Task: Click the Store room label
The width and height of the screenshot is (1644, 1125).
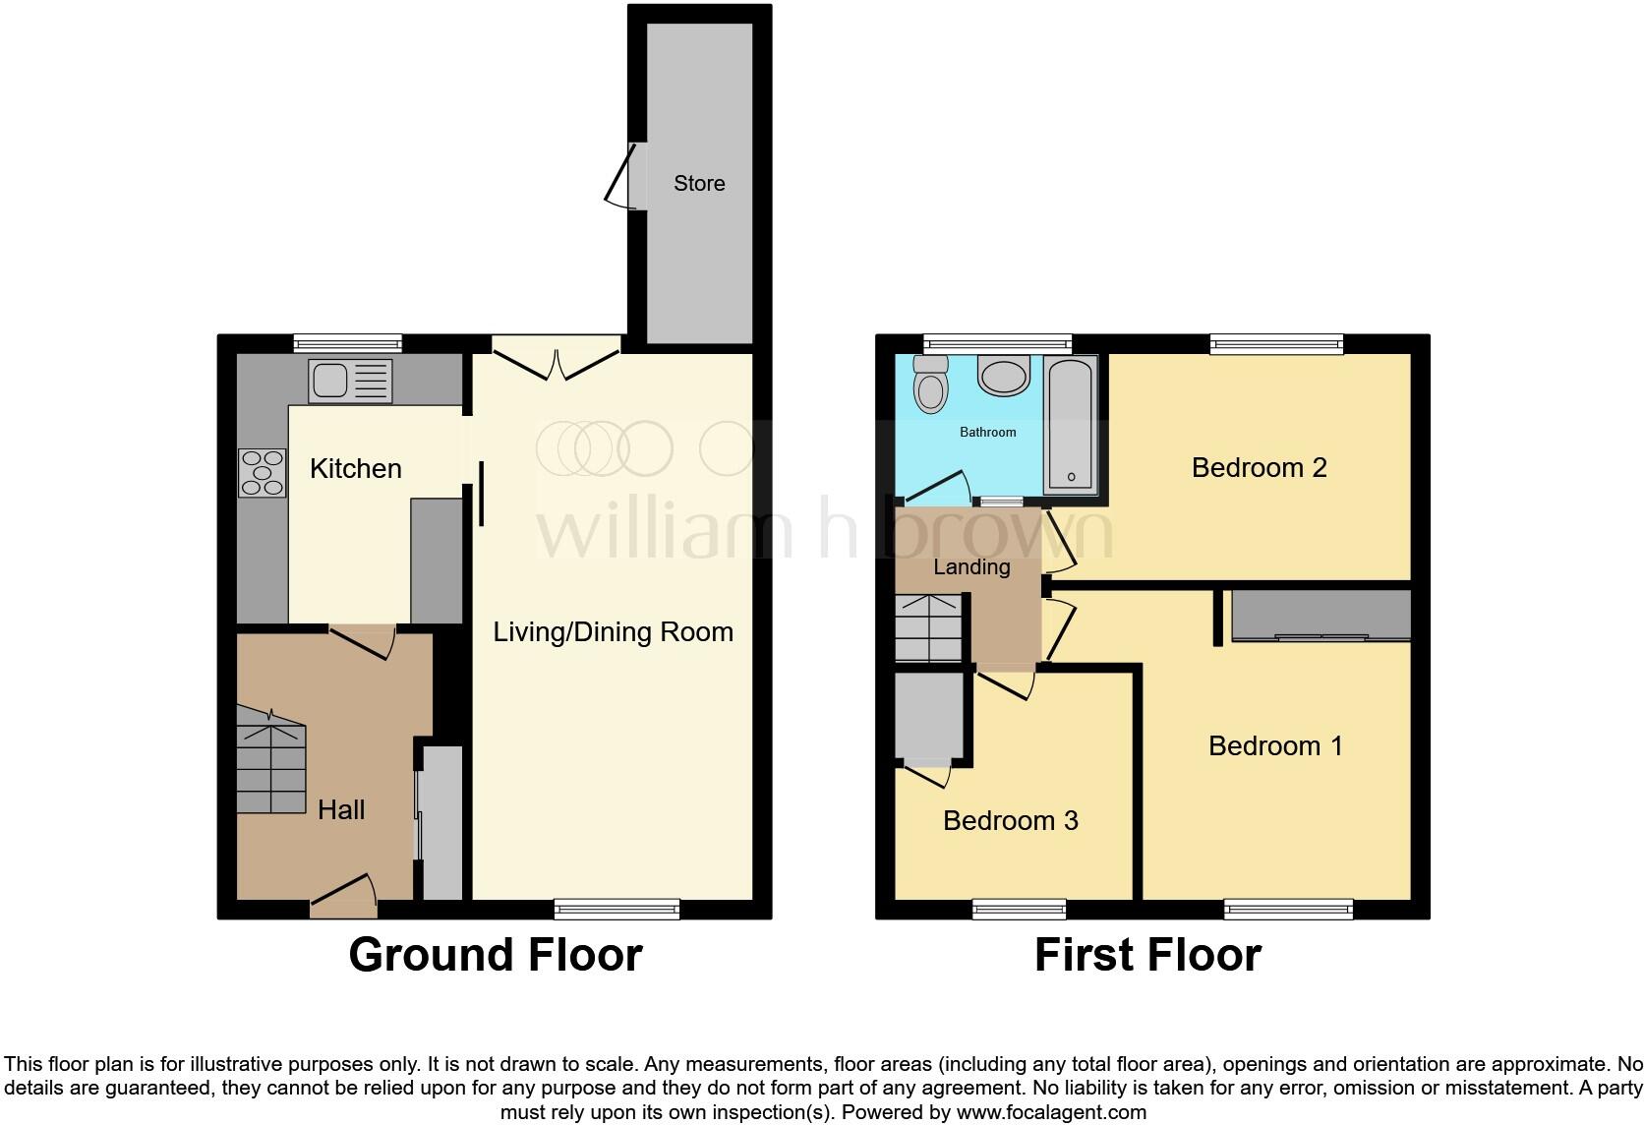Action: tap(699, 183)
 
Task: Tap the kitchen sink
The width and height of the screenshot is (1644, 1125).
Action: tap(350, 381)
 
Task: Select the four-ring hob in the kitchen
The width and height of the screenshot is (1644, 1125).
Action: tap(262, 472)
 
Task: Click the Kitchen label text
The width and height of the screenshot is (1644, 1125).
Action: tap(355, 468)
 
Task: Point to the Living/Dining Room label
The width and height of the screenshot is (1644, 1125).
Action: tap(613, 631)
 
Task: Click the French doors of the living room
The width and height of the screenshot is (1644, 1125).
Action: tap(557, 359)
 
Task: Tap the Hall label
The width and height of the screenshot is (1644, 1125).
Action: tap(341, 809)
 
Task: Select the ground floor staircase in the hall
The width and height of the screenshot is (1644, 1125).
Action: tap(271, 762)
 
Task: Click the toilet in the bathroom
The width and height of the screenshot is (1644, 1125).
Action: tap(930, 384)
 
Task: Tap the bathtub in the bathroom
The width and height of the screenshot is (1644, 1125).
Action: tap(1070, 425)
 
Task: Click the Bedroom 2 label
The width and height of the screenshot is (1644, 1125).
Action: tap(1259, 467)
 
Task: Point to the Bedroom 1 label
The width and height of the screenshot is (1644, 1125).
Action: tap(1275, 745)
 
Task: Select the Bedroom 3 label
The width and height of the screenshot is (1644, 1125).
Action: tap(1010, 820)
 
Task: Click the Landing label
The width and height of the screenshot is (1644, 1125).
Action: tap(970, 566)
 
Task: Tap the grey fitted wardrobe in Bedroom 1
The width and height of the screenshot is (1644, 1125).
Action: tap(1321, 615)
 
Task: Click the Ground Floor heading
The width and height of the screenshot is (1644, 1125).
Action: tap(496, 955)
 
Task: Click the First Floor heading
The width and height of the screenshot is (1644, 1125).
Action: tap(1147, 955)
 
